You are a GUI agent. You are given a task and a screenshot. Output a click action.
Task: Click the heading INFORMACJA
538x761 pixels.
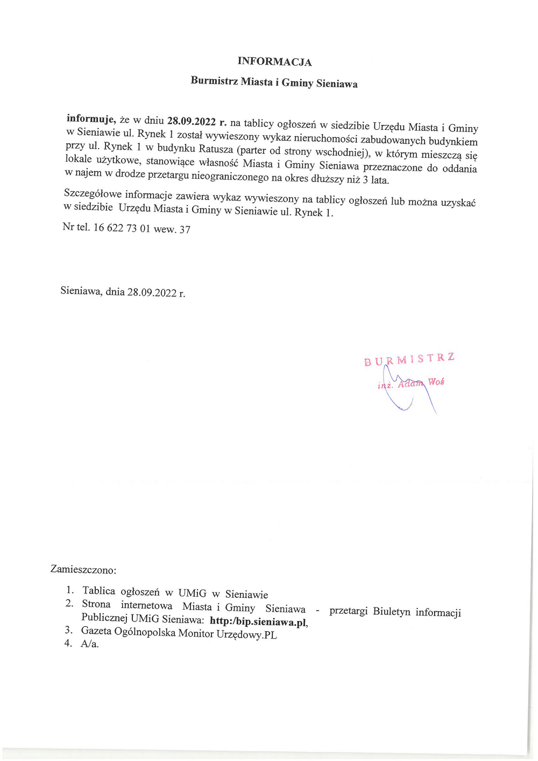click(274, 61)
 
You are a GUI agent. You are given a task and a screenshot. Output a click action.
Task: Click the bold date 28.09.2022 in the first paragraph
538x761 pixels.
click(191, 121)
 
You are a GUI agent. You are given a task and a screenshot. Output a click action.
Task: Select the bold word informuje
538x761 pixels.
click(90, 119)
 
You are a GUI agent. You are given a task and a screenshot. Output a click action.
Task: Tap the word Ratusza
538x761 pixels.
click(216, 149)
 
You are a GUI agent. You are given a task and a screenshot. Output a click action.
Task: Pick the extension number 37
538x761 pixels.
click(185, 229)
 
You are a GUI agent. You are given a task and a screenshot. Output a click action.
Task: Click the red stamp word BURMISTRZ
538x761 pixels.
click(409, 359)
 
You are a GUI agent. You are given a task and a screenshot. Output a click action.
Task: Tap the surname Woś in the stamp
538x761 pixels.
click(436, 382)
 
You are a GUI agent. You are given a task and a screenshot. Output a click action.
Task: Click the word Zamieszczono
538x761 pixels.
click(83, 569)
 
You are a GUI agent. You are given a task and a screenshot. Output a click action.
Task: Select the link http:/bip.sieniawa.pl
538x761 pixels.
click(258, 622)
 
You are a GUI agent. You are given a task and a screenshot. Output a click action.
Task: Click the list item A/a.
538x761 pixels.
click(90, 644)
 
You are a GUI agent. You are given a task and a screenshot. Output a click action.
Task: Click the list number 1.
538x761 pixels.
click(70, 590)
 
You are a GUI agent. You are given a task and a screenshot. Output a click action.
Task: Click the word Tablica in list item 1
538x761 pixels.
click(98, 591)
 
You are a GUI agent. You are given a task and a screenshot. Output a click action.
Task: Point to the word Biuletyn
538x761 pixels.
click(391, 612)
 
